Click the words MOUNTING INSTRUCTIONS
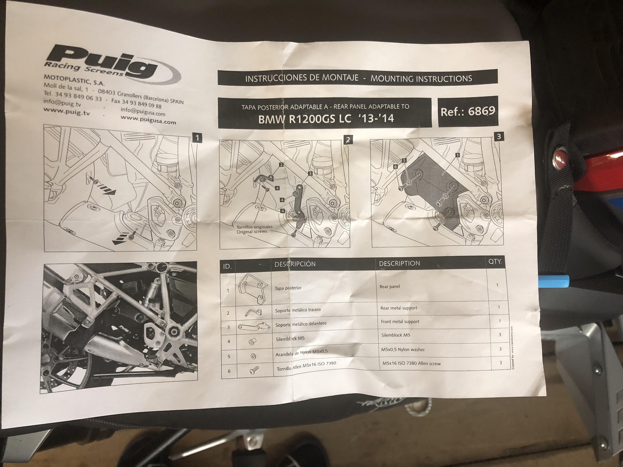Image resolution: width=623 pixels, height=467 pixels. pyautogui.click(x=421, y=78)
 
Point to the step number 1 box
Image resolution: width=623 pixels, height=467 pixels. pyautogui.click(x=197, y=138)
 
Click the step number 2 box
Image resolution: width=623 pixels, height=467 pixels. pyautogui.click(x=348, y=140)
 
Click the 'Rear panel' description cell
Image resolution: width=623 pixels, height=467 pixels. pyautogui.click(x=389, y=287)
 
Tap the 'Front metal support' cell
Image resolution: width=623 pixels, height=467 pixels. pyautogui.click(x=400, y=321)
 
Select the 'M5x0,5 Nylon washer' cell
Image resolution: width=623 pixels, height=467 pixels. pyautogui.click(x=403, y=349)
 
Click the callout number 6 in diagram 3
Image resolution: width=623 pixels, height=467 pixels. pyautogui.click(x=396, y=167)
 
